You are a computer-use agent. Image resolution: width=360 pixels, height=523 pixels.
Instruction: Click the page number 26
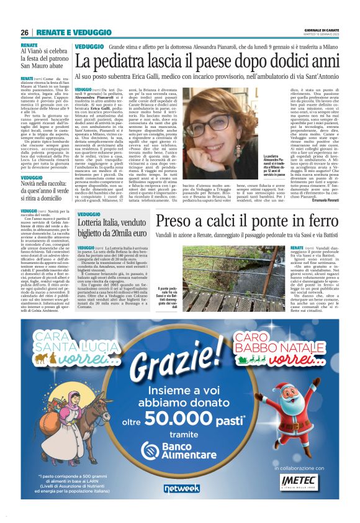point(24,32)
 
